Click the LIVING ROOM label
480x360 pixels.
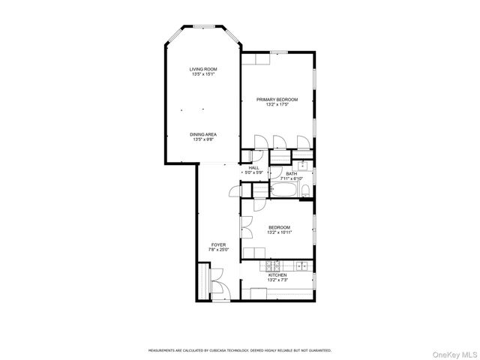pos(203,69)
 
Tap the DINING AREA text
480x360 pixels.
pos(203,134)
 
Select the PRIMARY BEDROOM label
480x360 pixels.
pos(277,100)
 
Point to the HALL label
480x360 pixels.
pos(253,168)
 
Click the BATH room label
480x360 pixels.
pos(291,174)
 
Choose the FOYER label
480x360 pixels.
pos(218,244)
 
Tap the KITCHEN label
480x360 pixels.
pos(277,275)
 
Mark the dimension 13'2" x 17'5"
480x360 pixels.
pos(277,105)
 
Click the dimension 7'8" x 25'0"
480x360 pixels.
pos(218,250)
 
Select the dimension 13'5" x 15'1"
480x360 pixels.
pos(203,74)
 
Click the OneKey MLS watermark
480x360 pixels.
pos(453,352)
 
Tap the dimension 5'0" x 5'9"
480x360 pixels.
pos(253,173)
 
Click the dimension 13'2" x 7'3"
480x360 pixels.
pos(277,280)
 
